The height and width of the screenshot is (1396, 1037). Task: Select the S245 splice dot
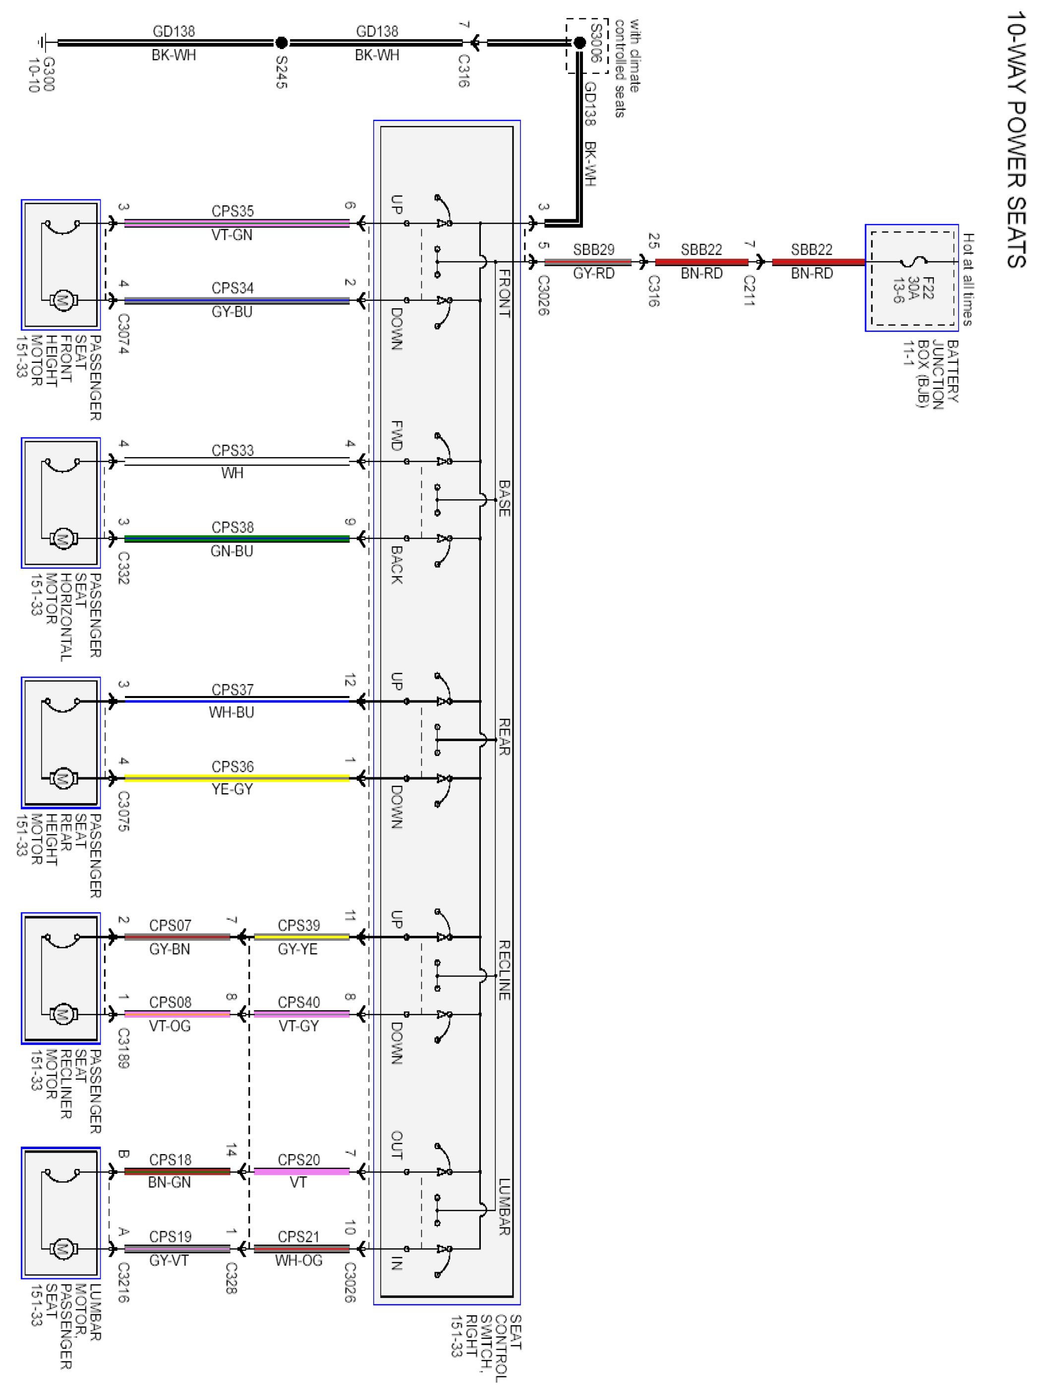pos(282,43)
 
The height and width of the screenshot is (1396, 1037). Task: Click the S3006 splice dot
pos(580,43)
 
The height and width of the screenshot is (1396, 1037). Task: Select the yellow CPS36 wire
pos(236,778)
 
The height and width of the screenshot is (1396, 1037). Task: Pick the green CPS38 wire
pos(236,538)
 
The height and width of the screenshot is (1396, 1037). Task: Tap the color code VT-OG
pos(170,1026)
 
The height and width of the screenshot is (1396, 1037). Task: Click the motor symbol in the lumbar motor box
pos(61,1249)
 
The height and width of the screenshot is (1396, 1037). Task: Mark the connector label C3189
pos(123,1047)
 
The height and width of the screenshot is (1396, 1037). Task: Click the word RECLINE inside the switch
pos(504,970)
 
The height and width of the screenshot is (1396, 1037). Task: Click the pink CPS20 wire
pos(301,1171)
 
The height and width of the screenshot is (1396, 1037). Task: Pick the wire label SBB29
pos(593,250)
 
